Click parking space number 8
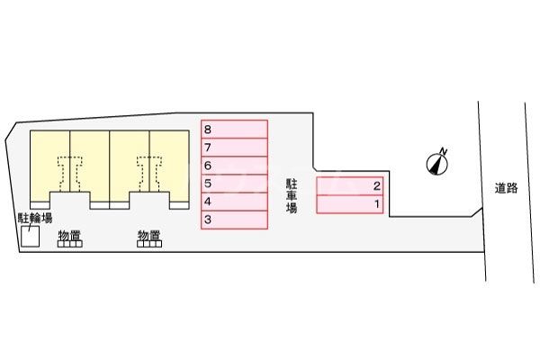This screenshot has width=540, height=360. point(234,129)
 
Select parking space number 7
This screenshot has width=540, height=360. point(234,147)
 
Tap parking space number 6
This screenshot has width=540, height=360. point(234,165)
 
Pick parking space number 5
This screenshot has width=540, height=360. point(234,183)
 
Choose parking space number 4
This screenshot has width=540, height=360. point(234,201)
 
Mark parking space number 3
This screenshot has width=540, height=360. point(234,219)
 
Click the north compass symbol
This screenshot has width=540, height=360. point(436,161)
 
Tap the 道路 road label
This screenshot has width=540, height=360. point(507,188)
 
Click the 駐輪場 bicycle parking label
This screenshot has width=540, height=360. point(35,219)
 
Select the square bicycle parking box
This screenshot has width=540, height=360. point(31,237)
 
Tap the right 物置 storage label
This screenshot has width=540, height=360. point(149,235)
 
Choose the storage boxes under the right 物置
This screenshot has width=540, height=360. point(149,245)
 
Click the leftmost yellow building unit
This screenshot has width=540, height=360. point(50,162)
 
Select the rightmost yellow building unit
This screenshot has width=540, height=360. point(169,162)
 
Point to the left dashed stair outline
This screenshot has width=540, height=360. point(70,170)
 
